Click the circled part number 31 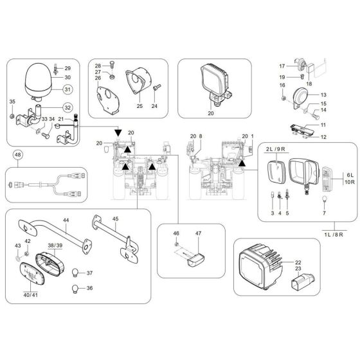tap(67, 89)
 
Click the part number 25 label tap(139, 105)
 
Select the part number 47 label tap(199, 234)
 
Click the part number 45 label tap(116, 218)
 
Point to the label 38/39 tap(55, 246)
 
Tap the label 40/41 tap(31, 295)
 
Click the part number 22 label tap(298, 262)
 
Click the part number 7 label tap(324, 213)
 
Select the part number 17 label tap(282, 66)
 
